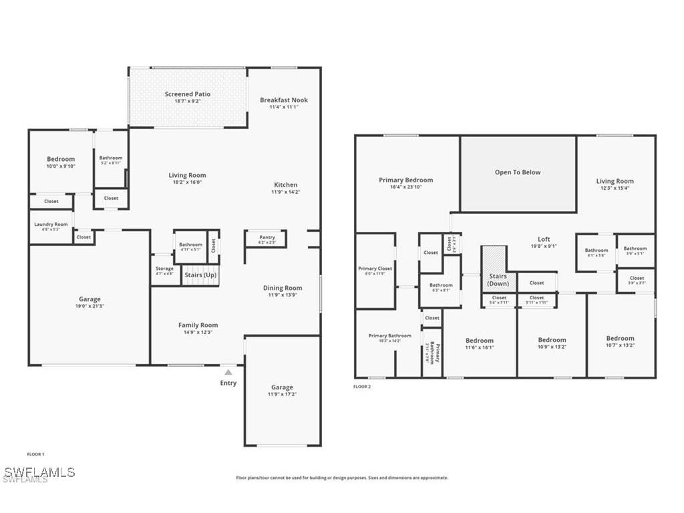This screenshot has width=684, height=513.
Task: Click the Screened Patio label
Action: [187, 94]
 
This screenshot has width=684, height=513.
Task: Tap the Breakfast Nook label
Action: [284, 100]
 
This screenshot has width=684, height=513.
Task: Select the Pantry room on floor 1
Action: [267, 238]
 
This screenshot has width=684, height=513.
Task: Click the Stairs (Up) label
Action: [200, 275]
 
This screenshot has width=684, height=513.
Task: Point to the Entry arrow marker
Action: [228, 373]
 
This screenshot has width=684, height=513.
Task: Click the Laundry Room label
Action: [51, 224]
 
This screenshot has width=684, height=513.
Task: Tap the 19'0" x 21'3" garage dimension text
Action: [90, 306]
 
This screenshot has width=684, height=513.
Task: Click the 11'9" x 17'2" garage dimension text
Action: [282, 395]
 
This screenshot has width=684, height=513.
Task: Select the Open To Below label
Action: [518, 172]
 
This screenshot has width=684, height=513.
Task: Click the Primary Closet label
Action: [375, 269]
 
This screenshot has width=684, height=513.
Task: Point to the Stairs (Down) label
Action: [498, 280]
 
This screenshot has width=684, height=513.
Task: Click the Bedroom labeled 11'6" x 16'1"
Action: [480, 341]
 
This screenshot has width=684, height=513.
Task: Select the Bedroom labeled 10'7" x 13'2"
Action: [620, 339]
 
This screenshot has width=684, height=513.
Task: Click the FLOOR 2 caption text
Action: [361, 387]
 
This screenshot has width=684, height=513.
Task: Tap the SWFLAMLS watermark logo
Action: [38, 473]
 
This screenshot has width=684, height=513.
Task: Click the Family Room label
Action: [198, 325]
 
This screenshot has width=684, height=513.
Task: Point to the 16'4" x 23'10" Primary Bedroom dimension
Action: [405, 187]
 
